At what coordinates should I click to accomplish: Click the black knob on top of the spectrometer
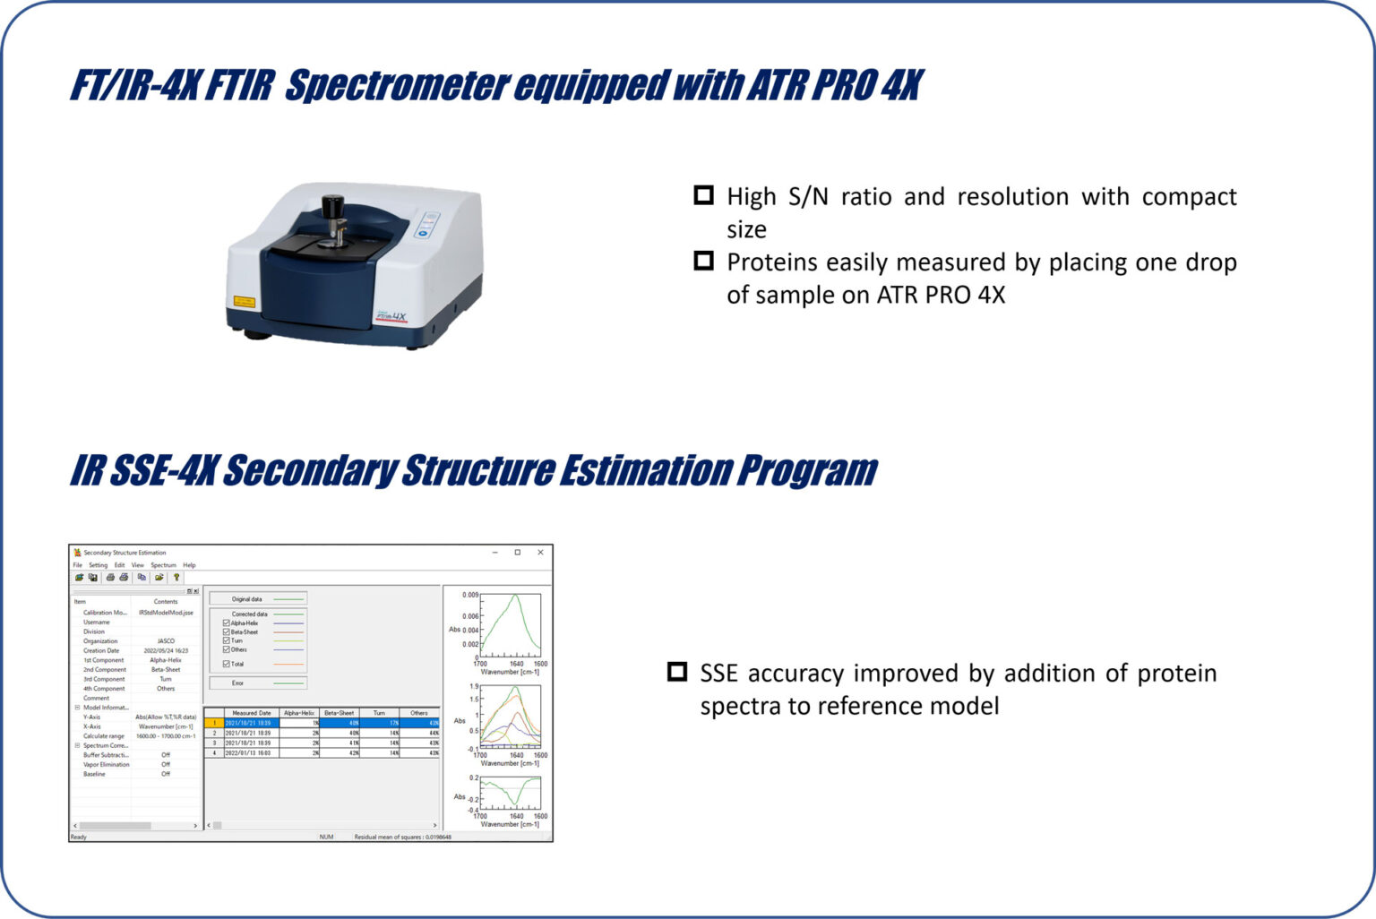coord(332,206)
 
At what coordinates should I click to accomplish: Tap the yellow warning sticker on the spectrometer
coord(244,303)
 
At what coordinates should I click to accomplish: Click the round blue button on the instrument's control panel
coord(424,233)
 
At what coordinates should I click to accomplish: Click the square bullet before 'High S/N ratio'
coord(704,195)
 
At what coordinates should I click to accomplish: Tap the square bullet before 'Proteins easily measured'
coord(704,261)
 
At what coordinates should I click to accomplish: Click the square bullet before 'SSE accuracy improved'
coord(677,672)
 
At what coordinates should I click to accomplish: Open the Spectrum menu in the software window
coord(163,565)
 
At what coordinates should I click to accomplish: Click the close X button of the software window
coord(540,553)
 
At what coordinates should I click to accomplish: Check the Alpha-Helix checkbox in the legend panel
coord(226,623)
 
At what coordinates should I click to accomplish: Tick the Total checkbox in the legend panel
coord(226,664)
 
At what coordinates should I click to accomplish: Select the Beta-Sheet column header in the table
coord(339,713)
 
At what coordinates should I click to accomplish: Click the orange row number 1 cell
coord(214,723)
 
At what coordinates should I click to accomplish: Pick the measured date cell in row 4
coord(249,753)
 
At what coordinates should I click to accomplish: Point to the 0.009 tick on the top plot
coord(470,595)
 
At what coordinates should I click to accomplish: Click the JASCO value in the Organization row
coord(166,641)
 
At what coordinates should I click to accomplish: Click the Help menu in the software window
coord(189,565)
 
